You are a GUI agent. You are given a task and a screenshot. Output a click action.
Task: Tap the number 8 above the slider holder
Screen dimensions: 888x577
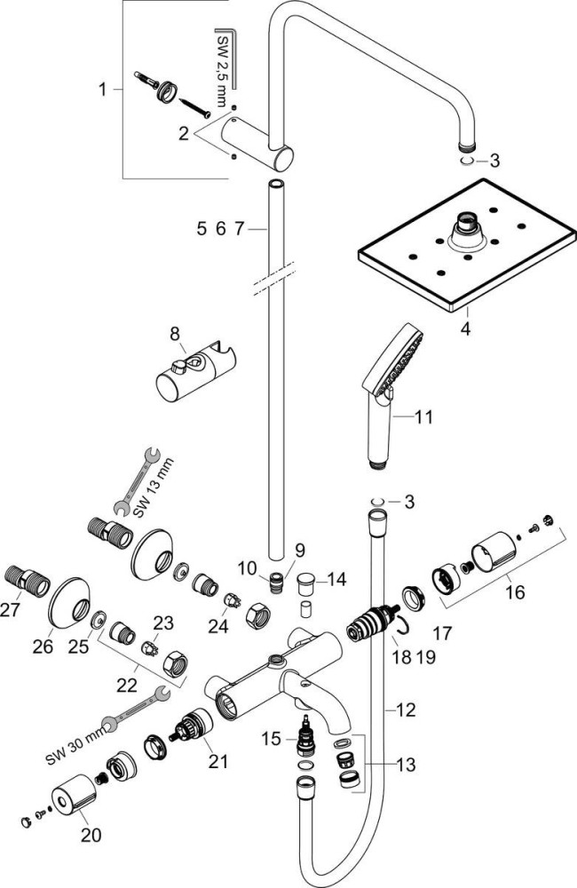coord(175,334)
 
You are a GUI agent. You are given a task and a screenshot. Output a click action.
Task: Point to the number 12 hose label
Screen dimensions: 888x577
coord(405,710)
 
